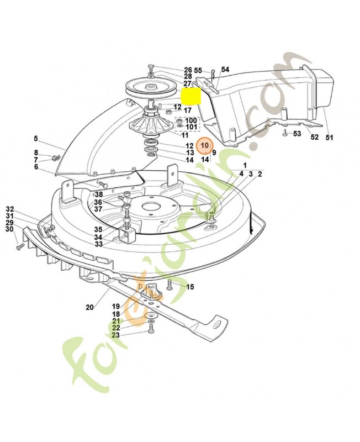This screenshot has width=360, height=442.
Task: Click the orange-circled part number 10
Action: coord(205,145)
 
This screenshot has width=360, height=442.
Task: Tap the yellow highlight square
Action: coord(191,97)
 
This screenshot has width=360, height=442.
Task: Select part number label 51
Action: coord(330,137)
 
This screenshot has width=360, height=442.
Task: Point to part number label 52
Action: coord(314,137)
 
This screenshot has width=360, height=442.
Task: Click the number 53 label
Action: coord(297,134)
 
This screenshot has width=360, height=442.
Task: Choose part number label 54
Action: coord(225,70)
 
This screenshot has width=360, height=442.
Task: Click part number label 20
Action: coord(90,307)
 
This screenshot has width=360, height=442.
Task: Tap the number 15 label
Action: coord(190,287)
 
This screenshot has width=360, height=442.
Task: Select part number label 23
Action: coord(115,335)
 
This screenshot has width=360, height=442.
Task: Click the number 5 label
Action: coord(35,138)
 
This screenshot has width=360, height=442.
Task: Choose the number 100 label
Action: coord(190,120)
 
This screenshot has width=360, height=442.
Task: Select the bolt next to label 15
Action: coord(170,286)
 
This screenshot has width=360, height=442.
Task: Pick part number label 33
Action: coord(98,244)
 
